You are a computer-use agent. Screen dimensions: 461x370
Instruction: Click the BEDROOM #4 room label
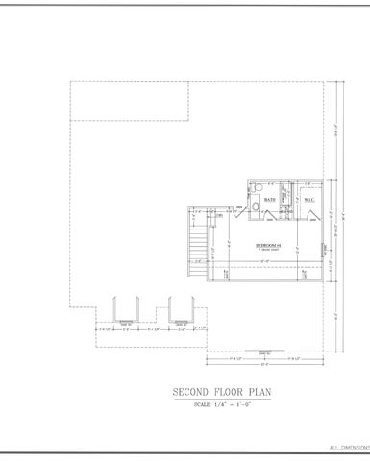coord(267,246)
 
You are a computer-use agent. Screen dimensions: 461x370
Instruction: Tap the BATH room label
coord(271,200)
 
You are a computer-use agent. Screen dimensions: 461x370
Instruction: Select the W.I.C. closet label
coord(309,200)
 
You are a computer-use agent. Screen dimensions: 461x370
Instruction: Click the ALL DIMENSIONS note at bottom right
coord(348,449)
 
